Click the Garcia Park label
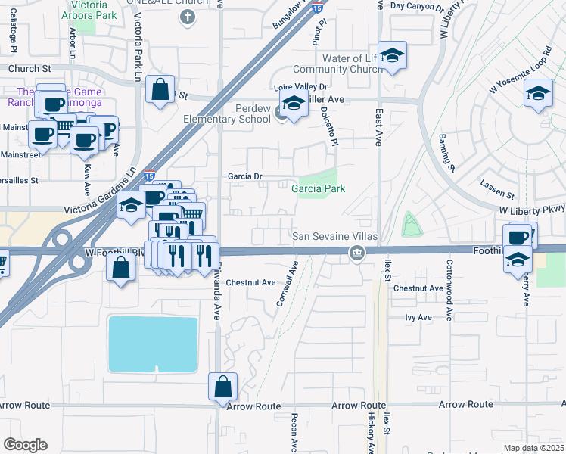tap(319, 188)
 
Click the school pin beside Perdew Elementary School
tap(293, 104)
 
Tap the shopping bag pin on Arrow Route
tap(223, 387)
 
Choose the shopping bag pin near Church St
tap(160, 90)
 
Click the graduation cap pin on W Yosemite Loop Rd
tap(538, 94)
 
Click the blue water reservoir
tap(154, 344)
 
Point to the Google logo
tap(25, 445)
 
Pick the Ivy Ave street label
tap(418, 318)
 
